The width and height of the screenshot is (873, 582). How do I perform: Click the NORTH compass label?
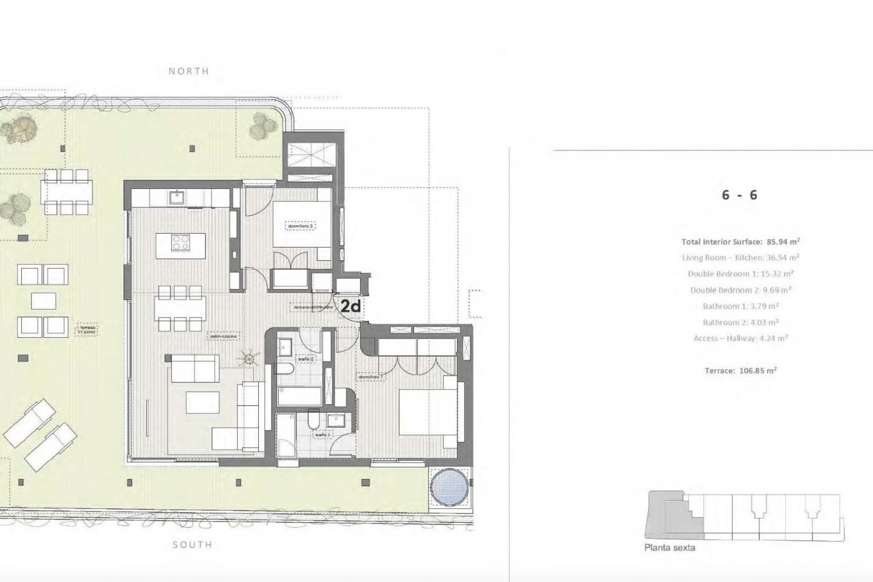click(189, 71)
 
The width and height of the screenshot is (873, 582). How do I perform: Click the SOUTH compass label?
click(192, 544)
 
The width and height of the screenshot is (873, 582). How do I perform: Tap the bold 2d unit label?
click(350, 306)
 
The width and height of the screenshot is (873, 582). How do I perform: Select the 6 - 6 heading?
click(739, 195)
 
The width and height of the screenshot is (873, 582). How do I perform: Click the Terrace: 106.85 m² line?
click(740, 371)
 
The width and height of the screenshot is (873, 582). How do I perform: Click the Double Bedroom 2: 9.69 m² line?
click(740, 290)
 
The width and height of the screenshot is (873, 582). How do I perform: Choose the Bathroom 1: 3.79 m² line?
click(740, 306)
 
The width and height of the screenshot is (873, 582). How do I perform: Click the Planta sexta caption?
click(669, 548)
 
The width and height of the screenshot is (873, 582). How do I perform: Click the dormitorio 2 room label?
click(300, 226)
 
